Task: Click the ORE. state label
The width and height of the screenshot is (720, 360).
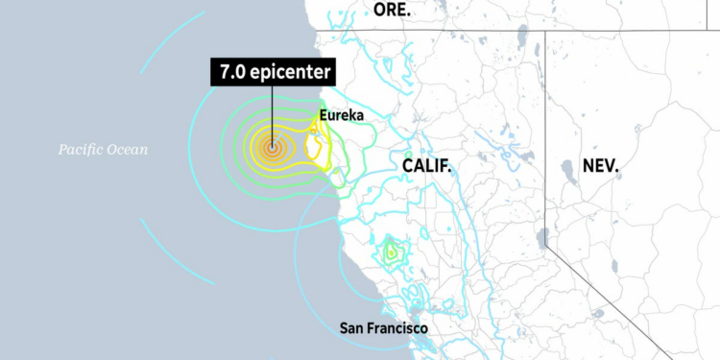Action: pyautogui.click(x=392, y=11)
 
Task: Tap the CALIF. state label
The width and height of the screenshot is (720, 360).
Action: pyautogui.click(x=426, y=166)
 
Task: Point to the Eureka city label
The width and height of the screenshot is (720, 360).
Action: pyautogui.click(x=343, y=116)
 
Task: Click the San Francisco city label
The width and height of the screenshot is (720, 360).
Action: pyautogui.click(x=384, y=328)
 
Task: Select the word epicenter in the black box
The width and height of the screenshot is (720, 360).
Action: pyautogui.click(x=289, y=72)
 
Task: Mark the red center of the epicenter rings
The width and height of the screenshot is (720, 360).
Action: pyautogui.click(x=272, y=149)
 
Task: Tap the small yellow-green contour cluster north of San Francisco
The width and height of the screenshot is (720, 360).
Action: pyautogui.click(x=391, y=252)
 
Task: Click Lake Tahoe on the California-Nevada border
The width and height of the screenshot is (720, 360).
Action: pyautogui.click(x=542, y=239)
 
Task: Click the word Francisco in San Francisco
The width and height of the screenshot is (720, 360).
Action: pyautogui.click(x=397, y=328)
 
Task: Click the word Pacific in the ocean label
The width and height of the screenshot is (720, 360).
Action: pyautogui.click(x=84, y=149)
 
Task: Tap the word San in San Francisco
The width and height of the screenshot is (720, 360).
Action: pyautogui.click(x=352, y=328)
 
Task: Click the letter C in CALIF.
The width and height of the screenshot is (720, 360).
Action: pyautogui.click(x=407, y=166)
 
